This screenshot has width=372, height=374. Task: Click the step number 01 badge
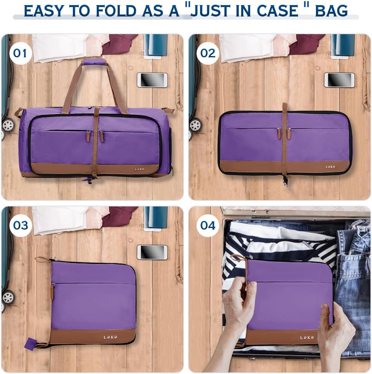[x=20, y=53]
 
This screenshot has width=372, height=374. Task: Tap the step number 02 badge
[x=208, y=53]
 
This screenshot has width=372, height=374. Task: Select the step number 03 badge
[x=20, y=225]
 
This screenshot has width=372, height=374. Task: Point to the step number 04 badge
[x=208, y=225]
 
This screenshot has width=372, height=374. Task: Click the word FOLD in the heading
[x=116, y=11]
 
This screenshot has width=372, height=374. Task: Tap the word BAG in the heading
[x=331, y=11]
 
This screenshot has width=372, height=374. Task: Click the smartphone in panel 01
[x=152, y=80]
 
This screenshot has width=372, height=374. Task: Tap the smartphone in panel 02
[x=339, y=80]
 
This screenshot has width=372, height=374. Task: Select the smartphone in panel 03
[x=152, y=252]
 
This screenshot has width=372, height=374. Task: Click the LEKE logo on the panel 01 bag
[x=140, y=169]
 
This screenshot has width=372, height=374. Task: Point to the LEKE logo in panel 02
[x=330, y=167]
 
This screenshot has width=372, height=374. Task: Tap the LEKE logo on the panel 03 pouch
[x=110, y=337]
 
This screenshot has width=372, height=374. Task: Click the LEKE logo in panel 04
[x=307, y=338]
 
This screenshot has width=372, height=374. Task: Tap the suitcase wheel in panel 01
[x=8, y=125]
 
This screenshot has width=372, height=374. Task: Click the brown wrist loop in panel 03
[x=43, y=260]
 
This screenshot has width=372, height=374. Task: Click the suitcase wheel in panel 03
[x=8, y=297]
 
